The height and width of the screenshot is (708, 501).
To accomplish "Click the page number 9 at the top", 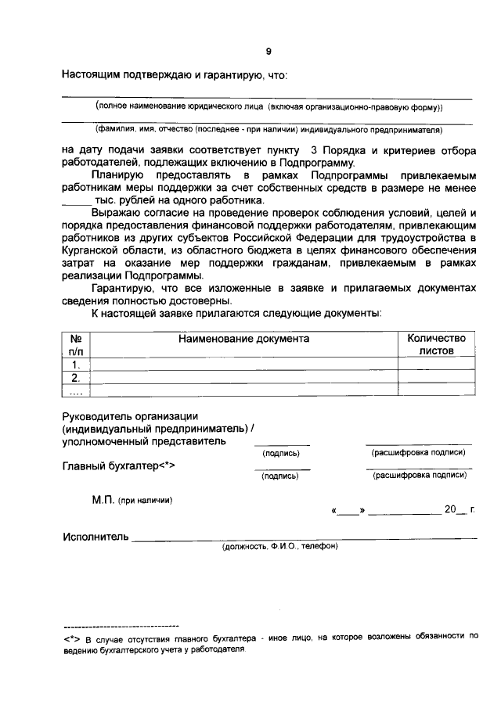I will (x=268, y=51).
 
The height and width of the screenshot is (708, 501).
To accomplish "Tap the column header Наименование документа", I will (x=243, y=339).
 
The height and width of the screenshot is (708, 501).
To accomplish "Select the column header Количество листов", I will (x=436, y=345).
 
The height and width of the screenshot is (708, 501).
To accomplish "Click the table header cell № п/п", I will (x=76, y=345).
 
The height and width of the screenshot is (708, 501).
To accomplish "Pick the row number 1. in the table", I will (x=76, y=365).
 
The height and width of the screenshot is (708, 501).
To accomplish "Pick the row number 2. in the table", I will (x=76, y=379).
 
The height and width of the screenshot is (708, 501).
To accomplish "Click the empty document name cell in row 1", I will (x=243, y=365).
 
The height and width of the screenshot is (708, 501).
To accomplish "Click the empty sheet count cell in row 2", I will (x=436, y=379).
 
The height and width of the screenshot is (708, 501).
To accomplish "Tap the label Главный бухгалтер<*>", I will (x=117, y=466).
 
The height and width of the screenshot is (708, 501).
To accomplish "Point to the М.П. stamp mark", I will (x=103, y=499).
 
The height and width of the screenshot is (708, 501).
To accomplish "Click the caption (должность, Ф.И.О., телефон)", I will (x=279, y=547).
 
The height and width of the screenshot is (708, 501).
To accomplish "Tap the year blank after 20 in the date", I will (x=463, y=509).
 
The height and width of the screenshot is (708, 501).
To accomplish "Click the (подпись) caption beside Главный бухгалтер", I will (x=281, y=475).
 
